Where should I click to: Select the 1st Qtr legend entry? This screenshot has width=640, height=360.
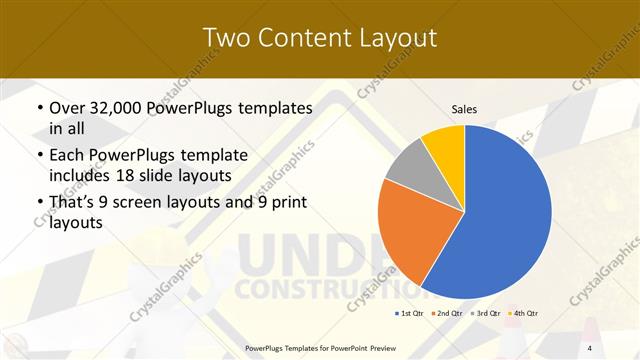[408, 314]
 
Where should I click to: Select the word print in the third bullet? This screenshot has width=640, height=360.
[288, 205]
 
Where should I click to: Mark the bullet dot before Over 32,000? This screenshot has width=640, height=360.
[39, 108]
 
